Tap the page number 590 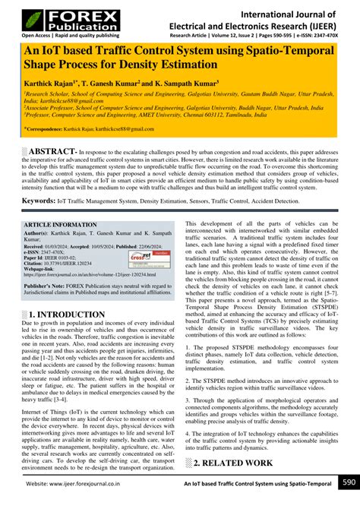pos(347,482)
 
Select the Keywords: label pos(43,201)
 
